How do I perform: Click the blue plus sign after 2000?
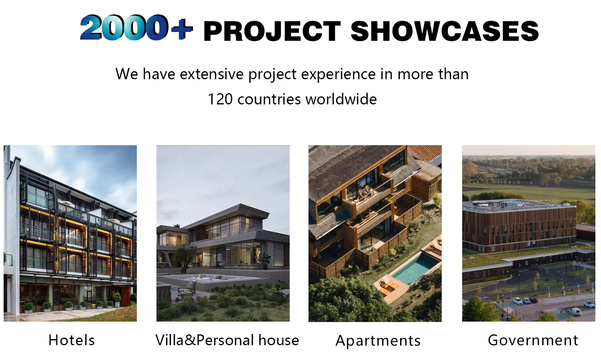[182, 29]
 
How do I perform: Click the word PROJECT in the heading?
[272, 32]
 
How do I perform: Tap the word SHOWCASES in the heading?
[445, 31]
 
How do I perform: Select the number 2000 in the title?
[124, 27]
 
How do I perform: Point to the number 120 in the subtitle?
[220, 99]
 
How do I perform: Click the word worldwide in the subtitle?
[341, 99]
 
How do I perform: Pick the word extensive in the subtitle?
[211, 74]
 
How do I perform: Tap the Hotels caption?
[72, 340]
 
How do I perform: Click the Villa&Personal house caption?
[227, 340]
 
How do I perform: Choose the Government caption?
[533, 340]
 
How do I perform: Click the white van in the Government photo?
[575, 311]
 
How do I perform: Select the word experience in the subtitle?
[339, 74]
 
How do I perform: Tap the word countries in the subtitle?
[269, 99]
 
